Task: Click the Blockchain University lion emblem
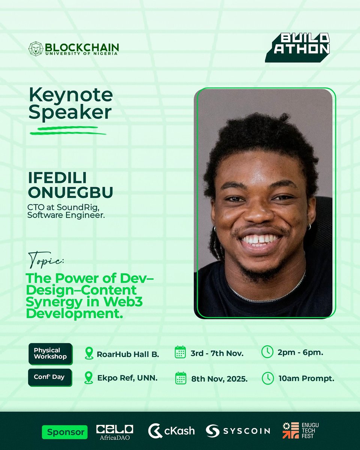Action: [36, 48]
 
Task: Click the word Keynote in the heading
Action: [71, 95]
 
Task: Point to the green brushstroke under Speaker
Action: [67, 130]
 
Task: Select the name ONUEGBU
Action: [70, 193]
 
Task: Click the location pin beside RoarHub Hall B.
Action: [89, 353]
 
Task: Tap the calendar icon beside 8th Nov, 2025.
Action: [181, 378]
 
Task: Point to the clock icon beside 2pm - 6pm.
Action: [267, 352]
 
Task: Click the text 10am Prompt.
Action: [306, 378]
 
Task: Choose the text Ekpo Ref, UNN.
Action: [127, 378]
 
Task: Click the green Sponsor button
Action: [65, 432]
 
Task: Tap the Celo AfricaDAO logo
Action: [115, 431]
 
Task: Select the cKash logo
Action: [171, 431]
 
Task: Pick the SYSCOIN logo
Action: [238, 430]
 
